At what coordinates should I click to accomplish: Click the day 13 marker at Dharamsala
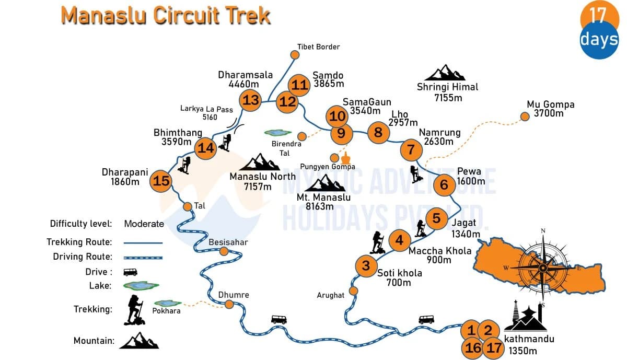coord(251,100)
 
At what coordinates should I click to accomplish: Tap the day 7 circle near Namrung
coord(411,150)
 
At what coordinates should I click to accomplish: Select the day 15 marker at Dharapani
coord(161,181)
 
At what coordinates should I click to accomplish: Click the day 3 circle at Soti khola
coord(366,265)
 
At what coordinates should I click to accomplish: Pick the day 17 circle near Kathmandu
coord(493,347)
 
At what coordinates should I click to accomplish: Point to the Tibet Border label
coord(318,47)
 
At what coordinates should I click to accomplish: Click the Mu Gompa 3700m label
coord(550,109)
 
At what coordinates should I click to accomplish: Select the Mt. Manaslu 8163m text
coord(323,202)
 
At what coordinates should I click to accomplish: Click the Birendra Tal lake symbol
coord(278,133)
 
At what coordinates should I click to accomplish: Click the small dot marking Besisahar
coord(224,251)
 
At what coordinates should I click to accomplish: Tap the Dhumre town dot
coord(228,304)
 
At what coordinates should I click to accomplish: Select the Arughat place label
coord(331,295)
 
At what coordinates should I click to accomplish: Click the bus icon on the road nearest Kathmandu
coord(426,319)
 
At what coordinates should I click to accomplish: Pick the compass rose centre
coord(543,268)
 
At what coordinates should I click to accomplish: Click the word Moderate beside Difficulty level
coord(144,224)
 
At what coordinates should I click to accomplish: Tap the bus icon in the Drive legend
coord(130,272)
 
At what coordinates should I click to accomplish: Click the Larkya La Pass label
coord(206,113)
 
